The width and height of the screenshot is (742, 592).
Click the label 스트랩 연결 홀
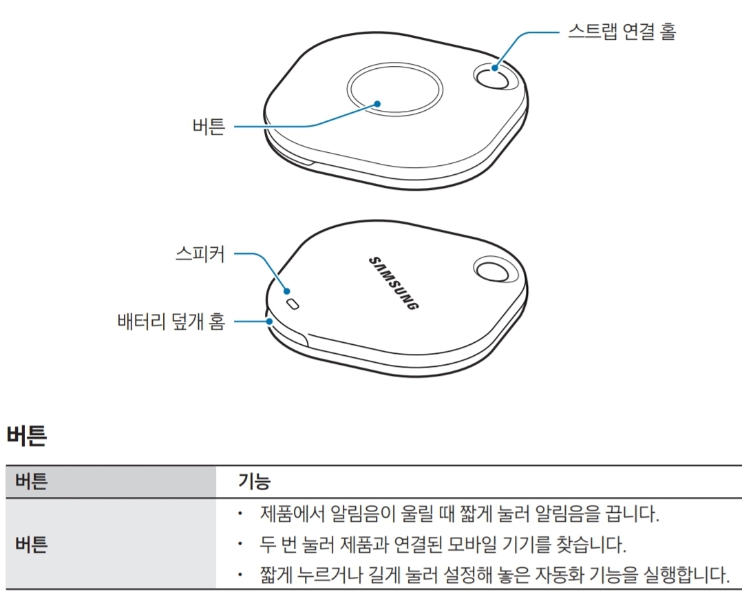(x=622, y=31)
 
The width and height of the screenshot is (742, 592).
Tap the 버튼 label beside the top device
(x=209, y=127)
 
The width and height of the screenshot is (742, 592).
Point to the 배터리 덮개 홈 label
(x=171, y=321)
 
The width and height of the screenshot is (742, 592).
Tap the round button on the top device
(x=393, y=89)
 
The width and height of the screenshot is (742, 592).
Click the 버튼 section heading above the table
(x=26, y=436)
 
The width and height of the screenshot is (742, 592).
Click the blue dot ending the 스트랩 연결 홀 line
(x=496, y=67)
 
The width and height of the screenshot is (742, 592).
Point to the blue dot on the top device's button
(x=377, y=103)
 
